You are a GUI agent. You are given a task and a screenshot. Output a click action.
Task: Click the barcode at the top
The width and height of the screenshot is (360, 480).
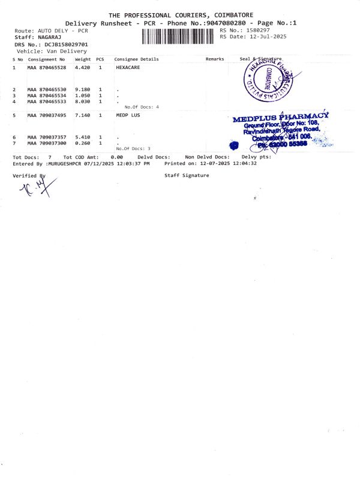(179, 37)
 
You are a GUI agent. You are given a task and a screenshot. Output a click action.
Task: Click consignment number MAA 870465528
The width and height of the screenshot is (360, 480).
(47, 68)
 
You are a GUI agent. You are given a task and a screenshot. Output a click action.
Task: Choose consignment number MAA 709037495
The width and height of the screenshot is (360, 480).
(47, 115)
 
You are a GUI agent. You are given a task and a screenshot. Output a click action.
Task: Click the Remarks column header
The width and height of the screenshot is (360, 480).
(215, 59)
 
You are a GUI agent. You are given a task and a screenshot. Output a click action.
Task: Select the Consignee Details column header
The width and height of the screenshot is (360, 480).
(137, 59)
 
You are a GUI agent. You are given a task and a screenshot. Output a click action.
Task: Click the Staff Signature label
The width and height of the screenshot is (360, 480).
(187, 175)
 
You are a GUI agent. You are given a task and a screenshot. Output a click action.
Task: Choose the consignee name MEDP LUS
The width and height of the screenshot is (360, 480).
(128, 115)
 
